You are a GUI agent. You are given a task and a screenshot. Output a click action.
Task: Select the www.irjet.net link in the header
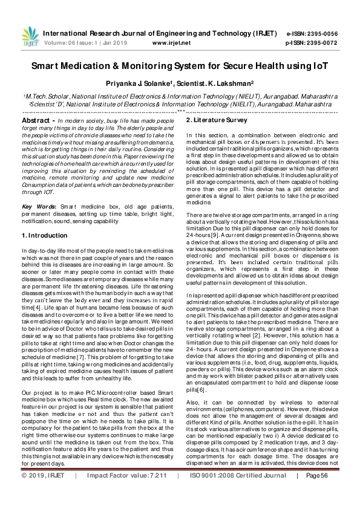pyautogui.click(x=171, y=43)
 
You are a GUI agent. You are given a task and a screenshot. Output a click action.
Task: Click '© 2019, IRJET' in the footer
pyautogui.click(x=43, y=493)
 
